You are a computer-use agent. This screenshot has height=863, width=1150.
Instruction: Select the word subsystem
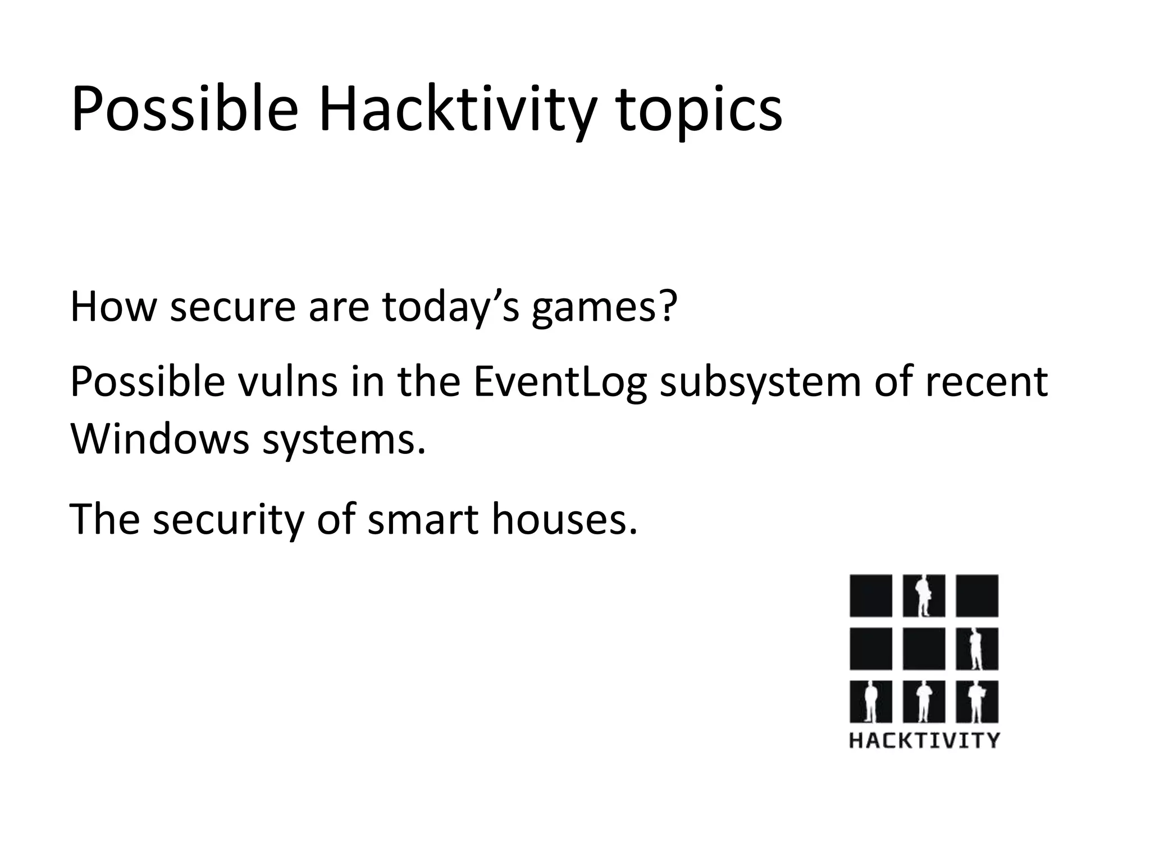point(760,382)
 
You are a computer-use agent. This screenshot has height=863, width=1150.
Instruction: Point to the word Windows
point(159,439)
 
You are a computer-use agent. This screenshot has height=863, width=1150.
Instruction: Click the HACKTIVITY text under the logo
point(924,740)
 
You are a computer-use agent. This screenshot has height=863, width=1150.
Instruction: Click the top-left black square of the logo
point(870,595)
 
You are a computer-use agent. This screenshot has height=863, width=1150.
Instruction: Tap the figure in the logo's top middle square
point(922,596)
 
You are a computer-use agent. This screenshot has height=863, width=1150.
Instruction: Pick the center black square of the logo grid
point(924,648)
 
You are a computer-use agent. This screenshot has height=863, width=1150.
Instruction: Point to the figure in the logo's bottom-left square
point(870,702)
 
